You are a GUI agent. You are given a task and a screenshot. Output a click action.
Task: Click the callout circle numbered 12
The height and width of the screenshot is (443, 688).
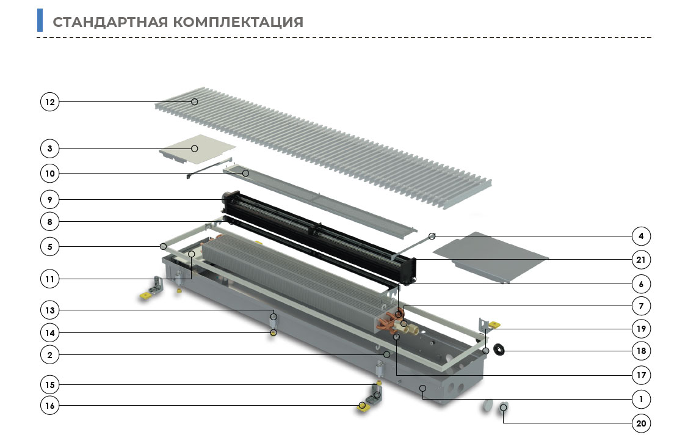[x=49, y=102]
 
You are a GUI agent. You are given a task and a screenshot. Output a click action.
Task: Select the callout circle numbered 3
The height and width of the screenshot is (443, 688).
[x=49, y=148]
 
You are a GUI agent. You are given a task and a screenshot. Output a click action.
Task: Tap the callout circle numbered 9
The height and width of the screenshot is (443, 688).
[x=49, y=200]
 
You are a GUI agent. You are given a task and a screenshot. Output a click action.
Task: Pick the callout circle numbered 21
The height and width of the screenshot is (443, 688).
[x=641, y=260]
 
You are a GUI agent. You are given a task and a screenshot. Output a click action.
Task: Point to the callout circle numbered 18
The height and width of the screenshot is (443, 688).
[x=641, y=351]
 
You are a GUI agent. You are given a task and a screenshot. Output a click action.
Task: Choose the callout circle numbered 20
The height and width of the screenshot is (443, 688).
[x=641, y=423]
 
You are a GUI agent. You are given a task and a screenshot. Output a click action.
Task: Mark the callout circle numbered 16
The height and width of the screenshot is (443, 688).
[x=49, y=405]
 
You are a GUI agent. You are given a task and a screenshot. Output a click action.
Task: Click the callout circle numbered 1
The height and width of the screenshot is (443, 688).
[x=641, y=399]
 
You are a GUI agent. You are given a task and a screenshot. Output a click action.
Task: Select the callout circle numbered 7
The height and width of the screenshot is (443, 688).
[x=641, y=306]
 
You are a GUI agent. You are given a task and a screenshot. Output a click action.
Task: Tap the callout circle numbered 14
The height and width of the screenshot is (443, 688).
[x=49, y=333]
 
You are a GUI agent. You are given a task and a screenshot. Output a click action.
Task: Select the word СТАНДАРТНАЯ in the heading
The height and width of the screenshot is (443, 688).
[x=110, y=22]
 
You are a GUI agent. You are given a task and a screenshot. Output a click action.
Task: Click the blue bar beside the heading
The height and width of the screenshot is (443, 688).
[x=40, y=20]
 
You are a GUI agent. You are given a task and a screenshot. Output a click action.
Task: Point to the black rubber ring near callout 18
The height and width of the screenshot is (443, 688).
[x=499, y=350]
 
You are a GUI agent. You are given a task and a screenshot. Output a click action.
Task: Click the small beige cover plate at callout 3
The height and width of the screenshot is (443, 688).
[x=198, y=148]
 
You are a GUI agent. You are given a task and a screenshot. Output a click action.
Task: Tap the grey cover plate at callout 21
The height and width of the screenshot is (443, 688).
[x=491, y=257]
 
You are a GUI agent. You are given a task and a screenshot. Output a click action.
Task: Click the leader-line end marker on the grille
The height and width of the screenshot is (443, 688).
[x=194, y=102]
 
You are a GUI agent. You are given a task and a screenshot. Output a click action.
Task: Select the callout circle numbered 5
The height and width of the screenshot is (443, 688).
[x=49, y=246]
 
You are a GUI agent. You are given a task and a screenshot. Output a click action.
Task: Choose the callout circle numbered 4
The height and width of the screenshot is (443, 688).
[x=641, y=236]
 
